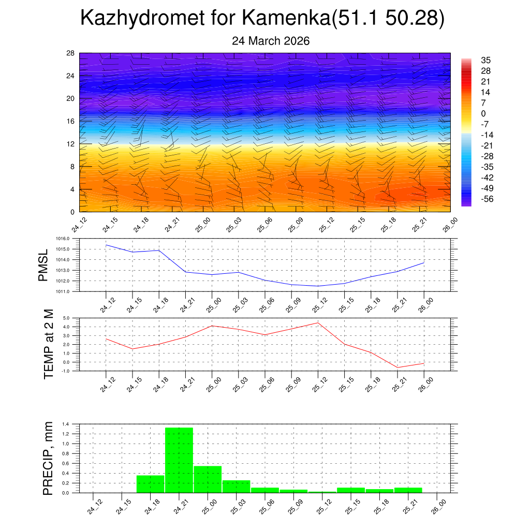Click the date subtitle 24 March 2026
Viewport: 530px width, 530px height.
pos(271,41)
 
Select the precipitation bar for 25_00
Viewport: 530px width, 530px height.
pos(208,479)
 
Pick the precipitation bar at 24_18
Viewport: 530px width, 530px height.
pos(150,484)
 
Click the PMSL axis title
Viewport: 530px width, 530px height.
pos(43,265)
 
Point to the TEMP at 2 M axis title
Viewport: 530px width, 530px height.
pos(49,344)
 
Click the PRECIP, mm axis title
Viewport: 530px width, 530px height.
pos(48,458)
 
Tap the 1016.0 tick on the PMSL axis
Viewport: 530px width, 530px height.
pos(70,239)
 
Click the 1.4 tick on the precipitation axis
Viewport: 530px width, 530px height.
pos(73,424)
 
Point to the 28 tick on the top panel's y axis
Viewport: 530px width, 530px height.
pos(71,53)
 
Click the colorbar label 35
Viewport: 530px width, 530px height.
pos(485,60)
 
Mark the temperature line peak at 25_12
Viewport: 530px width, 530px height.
pos(318,323)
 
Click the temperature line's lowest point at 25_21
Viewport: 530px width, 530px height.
pos(397,367)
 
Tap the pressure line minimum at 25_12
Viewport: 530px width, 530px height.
pos(318,286)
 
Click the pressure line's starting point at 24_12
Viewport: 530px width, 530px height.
pos(106,245)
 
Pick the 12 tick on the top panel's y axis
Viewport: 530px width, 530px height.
pos(71,144)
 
